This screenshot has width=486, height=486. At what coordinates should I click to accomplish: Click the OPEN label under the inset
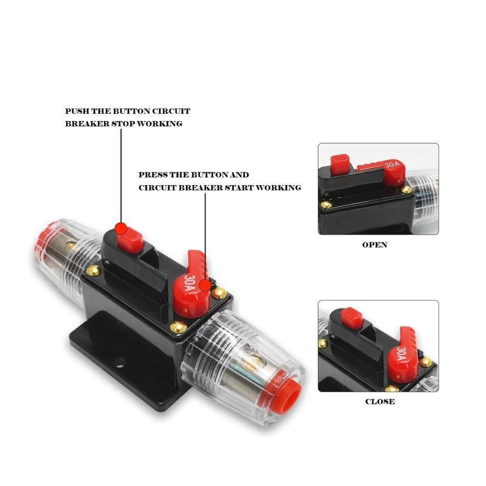375,245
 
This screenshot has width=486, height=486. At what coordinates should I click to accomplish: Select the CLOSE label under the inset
380,402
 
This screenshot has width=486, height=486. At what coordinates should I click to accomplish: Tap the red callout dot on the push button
121,228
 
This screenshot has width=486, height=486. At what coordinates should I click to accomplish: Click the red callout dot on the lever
206,285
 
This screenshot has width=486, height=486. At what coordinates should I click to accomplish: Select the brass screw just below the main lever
178,328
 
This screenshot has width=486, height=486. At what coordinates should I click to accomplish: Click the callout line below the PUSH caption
121,175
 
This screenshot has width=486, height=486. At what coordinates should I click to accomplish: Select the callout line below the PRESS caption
205,233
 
